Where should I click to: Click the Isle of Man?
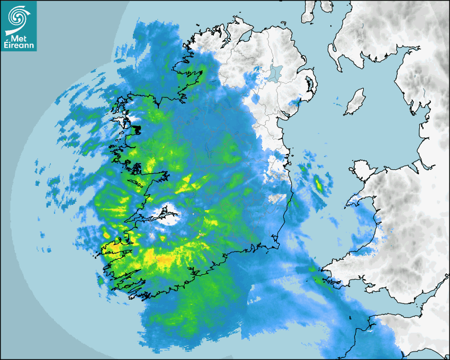tap(354, 102)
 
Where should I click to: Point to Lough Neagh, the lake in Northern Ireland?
tap(274, 73)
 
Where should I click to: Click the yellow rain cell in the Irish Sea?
tap(319, 185)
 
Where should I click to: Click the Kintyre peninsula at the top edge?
tap(307, 11)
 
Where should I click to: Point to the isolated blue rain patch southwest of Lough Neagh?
tap(256, 98)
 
